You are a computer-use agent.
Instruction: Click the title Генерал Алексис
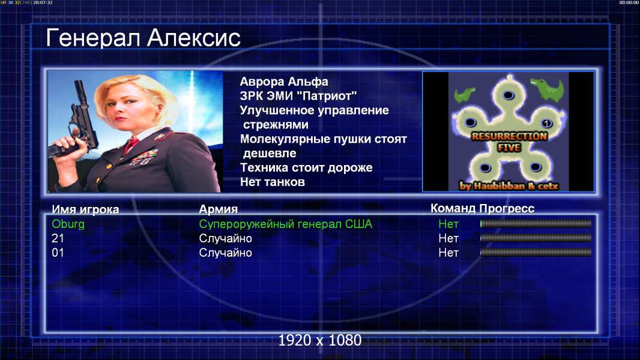[143, 38]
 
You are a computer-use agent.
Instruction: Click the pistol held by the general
[77, 122]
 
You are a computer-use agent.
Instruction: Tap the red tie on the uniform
[131, 144]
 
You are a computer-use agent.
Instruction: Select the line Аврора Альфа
[283, 82]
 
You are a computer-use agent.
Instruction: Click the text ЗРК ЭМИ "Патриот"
[298, 96]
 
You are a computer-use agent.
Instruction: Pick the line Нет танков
[272, 182]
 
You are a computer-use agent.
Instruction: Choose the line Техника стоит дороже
[306, 167]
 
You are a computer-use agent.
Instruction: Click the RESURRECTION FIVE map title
[509, 142]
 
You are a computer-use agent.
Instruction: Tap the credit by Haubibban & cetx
[509, 186]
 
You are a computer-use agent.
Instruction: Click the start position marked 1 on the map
[546, 123]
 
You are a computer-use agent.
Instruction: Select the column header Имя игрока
[85, 209]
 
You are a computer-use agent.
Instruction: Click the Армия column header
[218, 209]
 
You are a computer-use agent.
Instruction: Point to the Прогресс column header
[507, 208]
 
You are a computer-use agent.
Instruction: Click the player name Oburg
[68, 224]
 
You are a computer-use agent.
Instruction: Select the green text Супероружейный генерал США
[285, 224]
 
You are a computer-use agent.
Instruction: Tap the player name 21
[58, 238]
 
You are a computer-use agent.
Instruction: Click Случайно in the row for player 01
[225, 253]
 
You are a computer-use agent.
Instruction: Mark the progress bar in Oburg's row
[536, 223]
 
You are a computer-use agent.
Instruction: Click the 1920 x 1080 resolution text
[319, 340]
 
